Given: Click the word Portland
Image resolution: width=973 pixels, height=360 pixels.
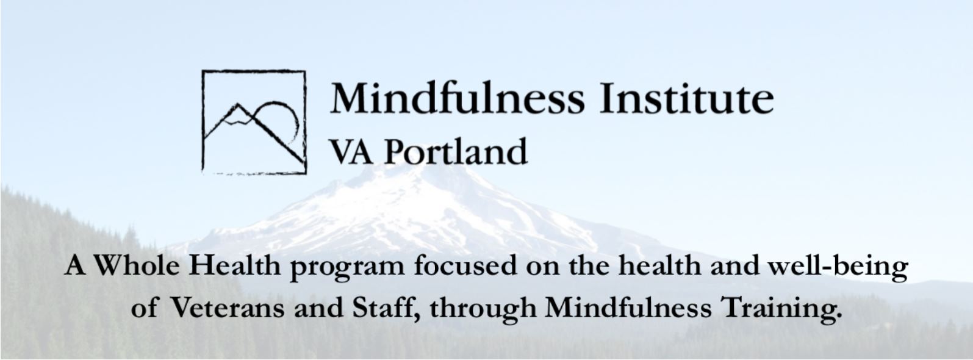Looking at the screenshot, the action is (456, 151).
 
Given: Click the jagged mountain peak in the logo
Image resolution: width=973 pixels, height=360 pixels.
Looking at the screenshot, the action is (237, 104).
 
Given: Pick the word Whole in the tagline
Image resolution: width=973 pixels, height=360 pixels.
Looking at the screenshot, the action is (137, 265).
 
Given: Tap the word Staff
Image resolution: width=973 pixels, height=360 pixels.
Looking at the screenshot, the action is (386, 308).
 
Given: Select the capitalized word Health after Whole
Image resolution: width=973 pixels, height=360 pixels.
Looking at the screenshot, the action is (235, 265).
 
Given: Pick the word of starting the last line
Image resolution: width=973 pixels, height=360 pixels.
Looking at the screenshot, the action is (144, 308).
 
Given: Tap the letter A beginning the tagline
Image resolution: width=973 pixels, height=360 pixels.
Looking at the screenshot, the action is (75, 265).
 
